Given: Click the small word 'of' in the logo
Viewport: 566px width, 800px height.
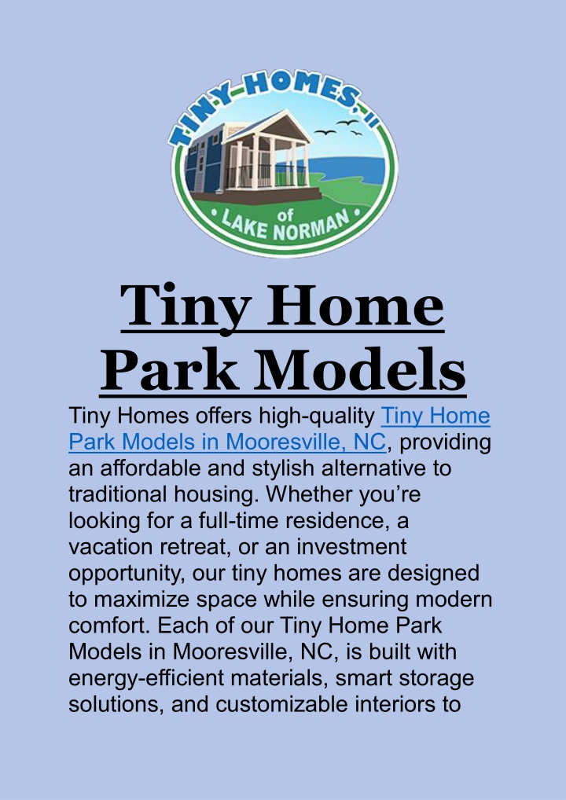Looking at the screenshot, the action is [x=288, y=216].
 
